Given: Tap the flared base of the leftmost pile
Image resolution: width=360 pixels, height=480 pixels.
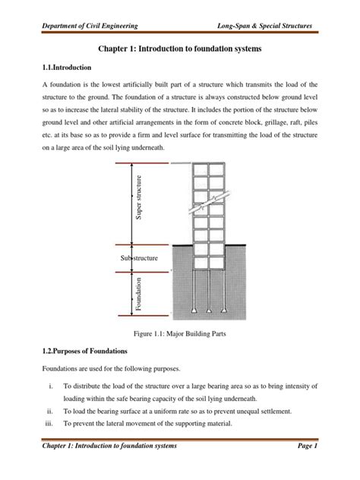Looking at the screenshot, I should [196, 311].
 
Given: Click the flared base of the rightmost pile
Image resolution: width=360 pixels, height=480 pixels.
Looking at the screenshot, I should [227, 311].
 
